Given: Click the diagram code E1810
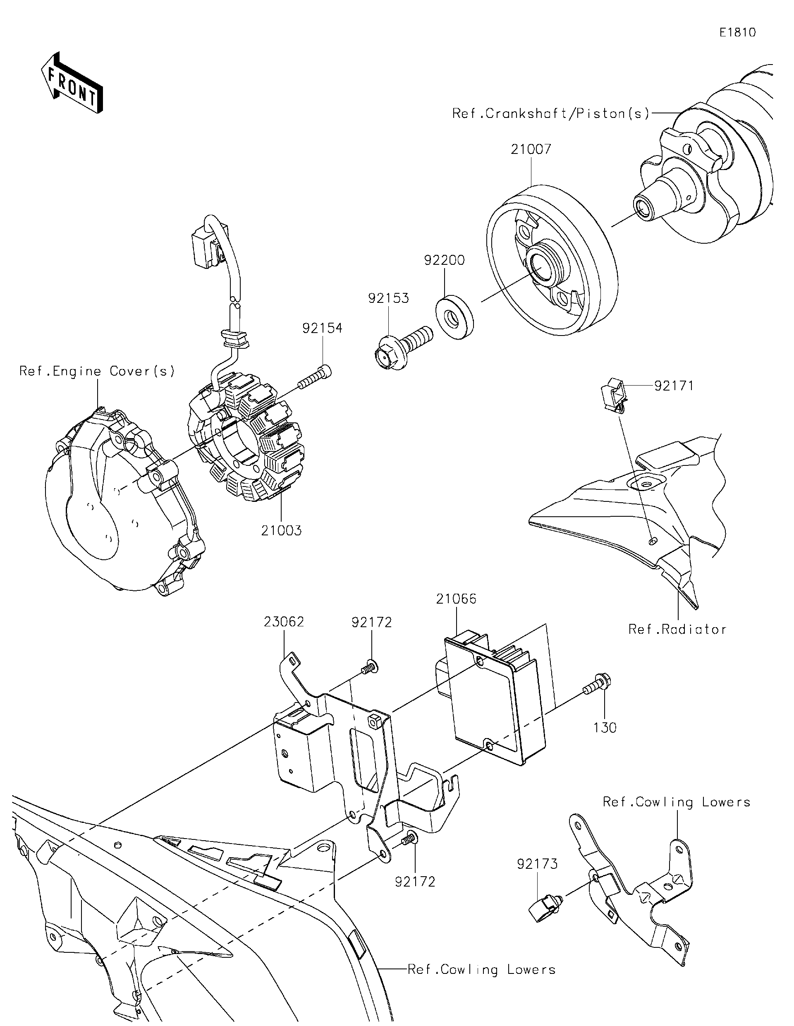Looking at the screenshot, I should [x=738, y=32].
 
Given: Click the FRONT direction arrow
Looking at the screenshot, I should [x=72, y=84].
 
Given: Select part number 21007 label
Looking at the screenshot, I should [x=531, y=149].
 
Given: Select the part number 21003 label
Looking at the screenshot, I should [x=281, y=531].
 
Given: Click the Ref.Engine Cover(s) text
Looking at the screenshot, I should [x=97, y=371].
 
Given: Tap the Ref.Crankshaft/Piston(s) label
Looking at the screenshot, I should [x=551, y=113].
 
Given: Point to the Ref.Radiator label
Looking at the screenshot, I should [x=677, y=630].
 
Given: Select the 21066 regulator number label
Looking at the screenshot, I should [x=456, y=599].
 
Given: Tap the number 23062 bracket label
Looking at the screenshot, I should [x=284, y=622].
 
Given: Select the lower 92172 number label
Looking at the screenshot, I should [x=415, y=882].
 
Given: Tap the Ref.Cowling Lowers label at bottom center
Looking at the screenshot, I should [x=481, y=969].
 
